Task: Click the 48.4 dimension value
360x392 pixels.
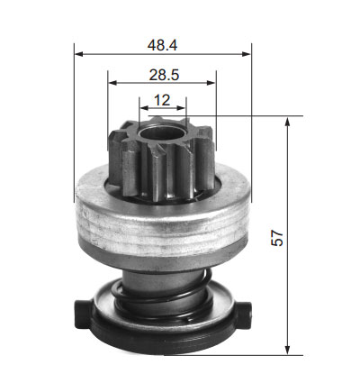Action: (x=162, y=45)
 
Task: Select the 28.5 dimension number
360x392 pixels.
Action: (x=164, y=75)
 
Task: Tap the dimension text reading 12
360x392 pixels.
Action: (x=162, y=100)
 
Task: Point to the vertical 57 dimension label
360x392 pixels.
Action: (x=277, y=238)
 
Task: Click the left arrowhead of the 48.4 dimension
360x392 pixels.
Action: (x=78, y=54)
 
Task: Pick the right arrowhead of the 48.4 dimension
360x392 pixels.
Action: (x=247, y=54)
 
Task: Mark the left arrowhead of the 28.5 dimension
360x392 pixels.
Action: (x=112, y=83)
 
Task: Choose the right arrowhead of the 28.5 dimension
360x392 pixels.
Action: (x=211, y=83)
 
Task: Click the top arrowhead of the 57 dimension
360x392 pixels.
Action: (x=287, y=121)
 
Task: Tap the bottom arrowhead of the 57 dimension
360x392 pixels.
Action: (x=287, y=351)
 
